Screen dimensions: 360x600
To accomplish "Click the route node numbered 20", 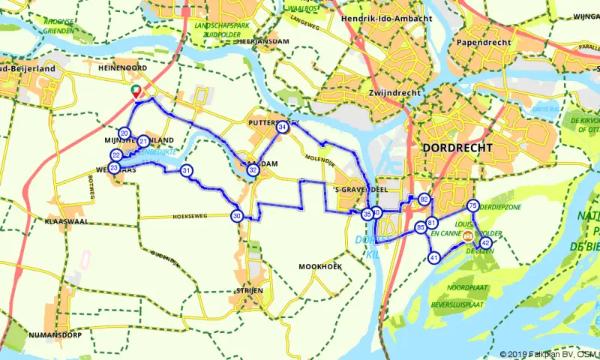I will click(x=124, y=133).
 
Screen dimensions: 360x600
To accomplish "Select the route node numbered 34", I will click(x=282, y=127).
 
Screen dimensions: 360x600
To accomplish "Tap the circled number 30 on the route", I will click(x=236, y=217).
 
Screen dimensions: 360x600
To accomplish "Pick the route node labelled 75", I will click(x=472, y=205).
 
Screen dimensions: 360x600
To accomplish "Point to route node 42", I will click(x=486, y=243).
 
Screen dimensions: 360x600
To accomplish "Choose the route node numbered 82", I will click(x=424, y=199).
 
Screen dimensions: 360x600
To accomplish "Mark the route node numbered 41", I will click(x=434, y=258).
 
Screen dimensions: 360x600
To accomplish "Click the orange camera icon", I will click(x=469, y=235).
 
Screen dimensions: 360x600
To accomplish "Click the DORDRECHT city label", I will click(x=457, y=148).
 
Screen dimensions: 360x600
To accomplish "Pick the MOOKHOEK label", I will click(x=320, y=267).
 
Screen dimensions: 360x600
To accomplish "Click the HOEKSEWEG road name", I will click(x=189, y=215).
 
